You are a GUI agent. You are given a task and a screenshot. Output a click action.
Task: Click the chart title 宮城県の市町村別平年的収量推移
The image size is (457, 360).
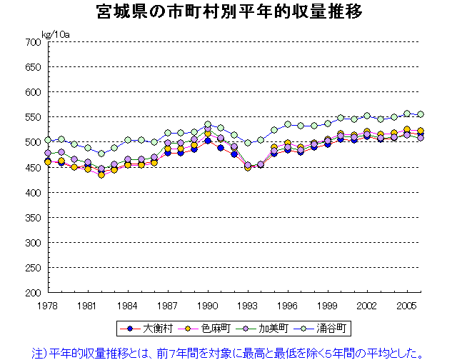228,12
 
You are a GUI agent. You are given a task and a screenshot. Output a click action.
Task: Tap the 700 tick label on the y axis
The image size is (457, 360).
31,42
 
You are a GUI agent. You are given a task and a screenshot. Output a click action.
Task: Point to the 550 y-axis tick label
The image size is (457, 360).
31,117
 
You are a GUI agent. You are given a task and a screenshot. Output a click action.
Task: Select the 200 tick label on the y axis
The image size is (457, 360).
31,293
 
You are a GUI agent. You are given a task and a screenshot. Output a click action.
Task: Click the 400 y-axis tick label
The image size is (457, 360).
31,192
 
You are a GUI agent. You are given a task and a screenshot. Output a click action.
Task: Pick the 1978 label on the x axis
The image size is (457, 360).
47,305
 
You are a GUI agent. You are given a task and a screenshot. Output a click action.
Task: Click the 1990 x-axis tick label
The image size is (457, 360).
208,305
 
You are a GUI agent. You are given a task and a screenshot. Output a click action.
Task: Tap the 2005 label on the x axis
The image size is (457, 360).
408,305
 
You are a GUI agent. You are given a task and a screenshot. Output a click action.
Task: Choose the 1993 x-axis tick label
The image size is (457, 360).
248,305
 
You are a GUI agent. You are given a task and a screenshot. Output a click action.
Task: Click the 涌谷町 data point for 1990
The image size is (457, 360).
208,124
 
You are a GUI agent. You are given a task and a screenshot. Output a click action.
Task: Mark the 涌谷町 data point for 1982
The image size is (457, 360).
101,154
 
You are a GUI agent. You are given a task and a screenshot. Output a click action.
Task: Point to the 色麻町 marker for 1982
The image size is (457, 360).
101,174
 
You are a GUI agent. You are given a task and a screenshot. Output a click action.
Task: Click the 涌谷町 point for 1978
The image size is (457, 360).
48,140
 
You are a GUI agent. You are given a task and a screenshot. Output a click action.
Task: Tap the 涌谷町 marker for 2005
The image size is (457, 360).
408,114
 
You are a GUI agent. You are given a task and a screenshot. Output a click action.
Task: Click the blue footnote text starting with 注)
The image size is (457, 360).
229,352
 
